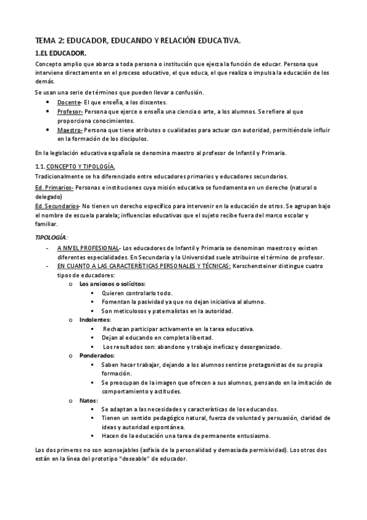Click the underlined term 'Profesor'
(x=69, y=112)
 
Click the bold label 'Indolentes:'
(x=95, y=319)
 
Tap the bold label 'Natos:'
(x=89, y=400)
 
